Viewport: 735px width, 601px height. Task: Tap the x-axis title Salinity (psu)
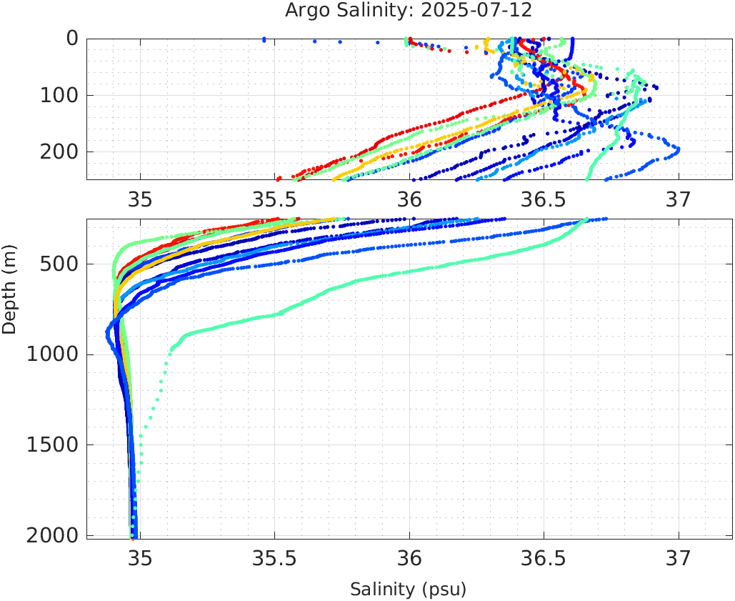coord(408,590)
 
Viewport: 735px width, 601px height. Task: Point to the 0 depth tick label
coord(72,39)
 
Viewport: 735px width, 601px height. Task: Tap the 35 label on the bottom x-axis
coord(140,558)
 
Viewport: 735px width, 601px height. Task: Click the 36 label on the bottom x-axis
coord(409,558)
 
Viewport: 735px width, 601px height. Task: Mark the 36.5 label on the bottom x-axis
coord(544,558)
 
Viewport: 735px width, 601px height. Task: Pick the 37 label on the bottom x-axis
coord(679,558)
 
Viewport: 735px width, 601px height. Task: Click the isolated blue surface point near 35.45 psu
coord(264,39)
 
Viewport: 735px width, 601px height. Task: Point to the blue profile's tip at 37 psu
coord(677,149)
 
